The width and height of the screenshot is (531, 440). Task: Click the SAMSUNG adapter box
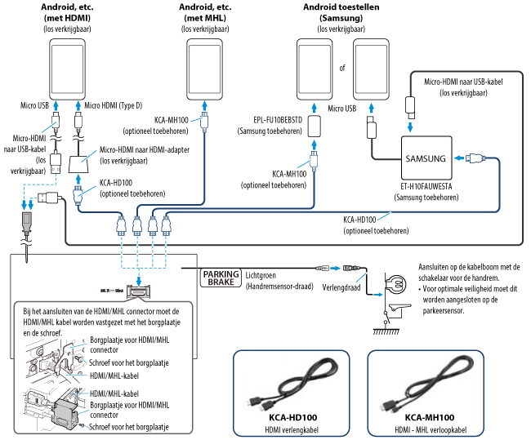click(x=425, y=158)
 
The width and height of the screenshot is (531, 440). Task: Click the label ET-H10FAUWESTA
click(x=425, y=186)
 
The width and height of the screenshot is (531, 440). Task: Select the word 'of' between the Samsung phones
click(x=343, y=68)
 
